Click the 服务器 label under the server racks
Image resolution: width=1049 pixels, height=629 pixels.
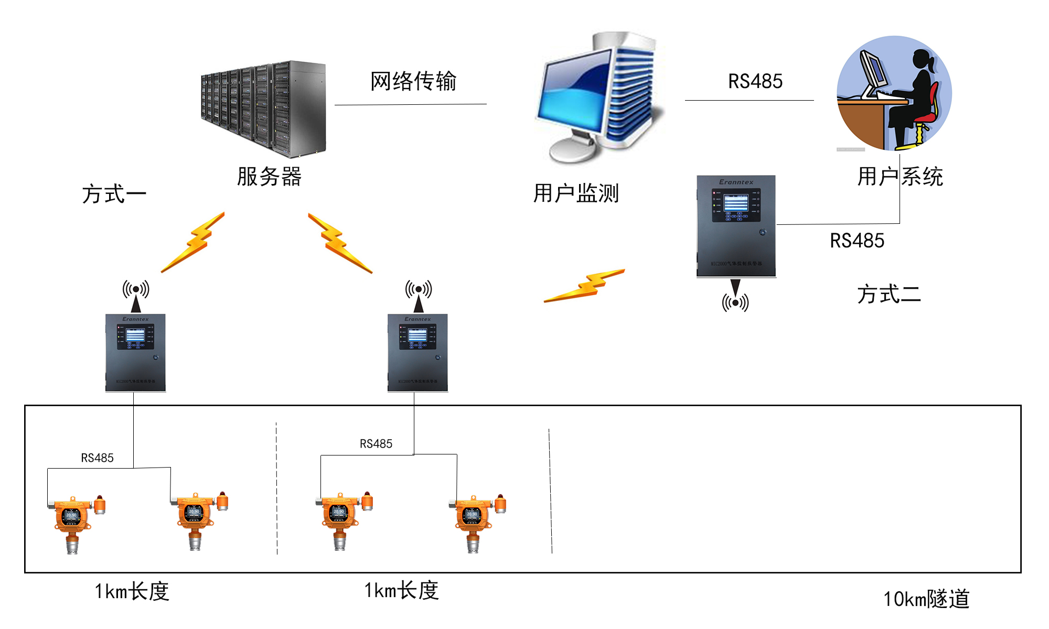(269, 177)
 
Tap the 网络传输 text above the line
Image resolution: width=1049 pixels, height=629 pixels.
(413, 81)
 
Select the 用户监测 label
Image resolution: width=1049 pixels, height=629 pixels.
(576, 193)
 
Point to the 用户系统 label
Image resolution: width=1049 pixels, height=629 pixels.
(900, 176)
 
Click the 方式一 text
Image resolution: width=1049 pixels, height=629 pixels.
(114, 194)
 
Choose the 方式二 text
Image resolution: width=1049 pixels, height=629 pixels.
(889, 294)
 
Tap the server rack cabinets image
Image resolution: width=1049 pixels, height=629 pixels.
(264, 109)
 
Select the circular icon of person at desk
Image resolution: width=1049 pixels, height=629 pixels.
(894, 93)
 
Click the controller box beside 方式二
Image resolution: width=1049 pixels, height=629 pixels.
(736, 226)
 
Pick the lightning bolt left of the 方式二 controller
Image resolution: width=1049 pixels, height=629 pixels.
(584, 286)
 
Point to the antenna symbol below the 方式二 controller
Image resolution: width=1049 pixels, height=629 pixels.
(735, 299)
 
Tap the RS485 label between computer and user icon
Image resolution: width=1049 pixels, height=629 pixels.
(755, 81)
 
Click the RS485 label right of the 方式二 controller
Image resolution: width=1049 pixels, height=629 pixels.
(857, 241)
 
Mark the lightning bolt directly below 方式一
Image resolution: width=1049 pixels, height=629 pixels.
(193, 242)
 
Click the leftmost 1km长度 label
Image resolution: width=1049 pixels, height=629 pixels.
(132, 591)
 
